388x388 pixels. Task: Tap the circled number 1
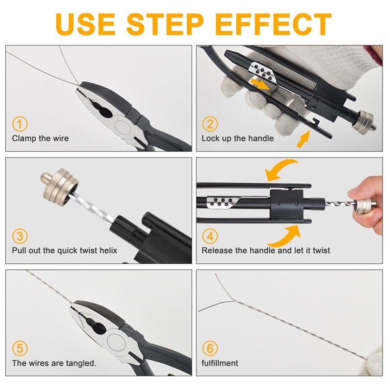pos(19,124)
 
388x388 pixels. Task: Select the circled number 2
pos(210,124)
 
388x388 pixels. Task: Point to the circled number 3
pos(19,237)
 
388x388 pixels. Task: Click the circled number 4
pos(210,237)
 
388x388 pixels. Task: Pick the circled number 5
pos(19,348)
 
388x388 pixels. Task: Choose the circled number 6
pos(210,348)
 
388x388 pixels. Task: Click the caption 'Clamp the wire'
pos(40,138)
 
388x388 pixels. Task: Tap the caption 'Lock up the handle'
pos(238,138)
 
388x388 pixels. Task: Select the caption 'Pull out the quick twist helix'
pos(65,251)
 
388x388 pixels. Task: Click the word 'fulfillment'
pos(220,363)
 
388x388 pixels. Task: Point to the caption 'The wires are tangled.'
pos(54,363)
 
